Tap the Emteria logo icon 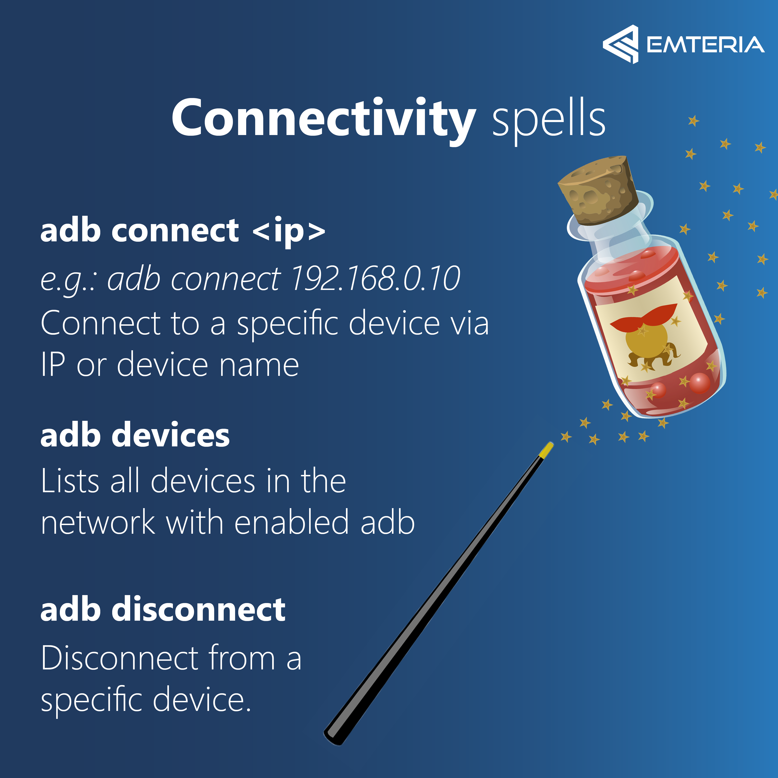point(620,44)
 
